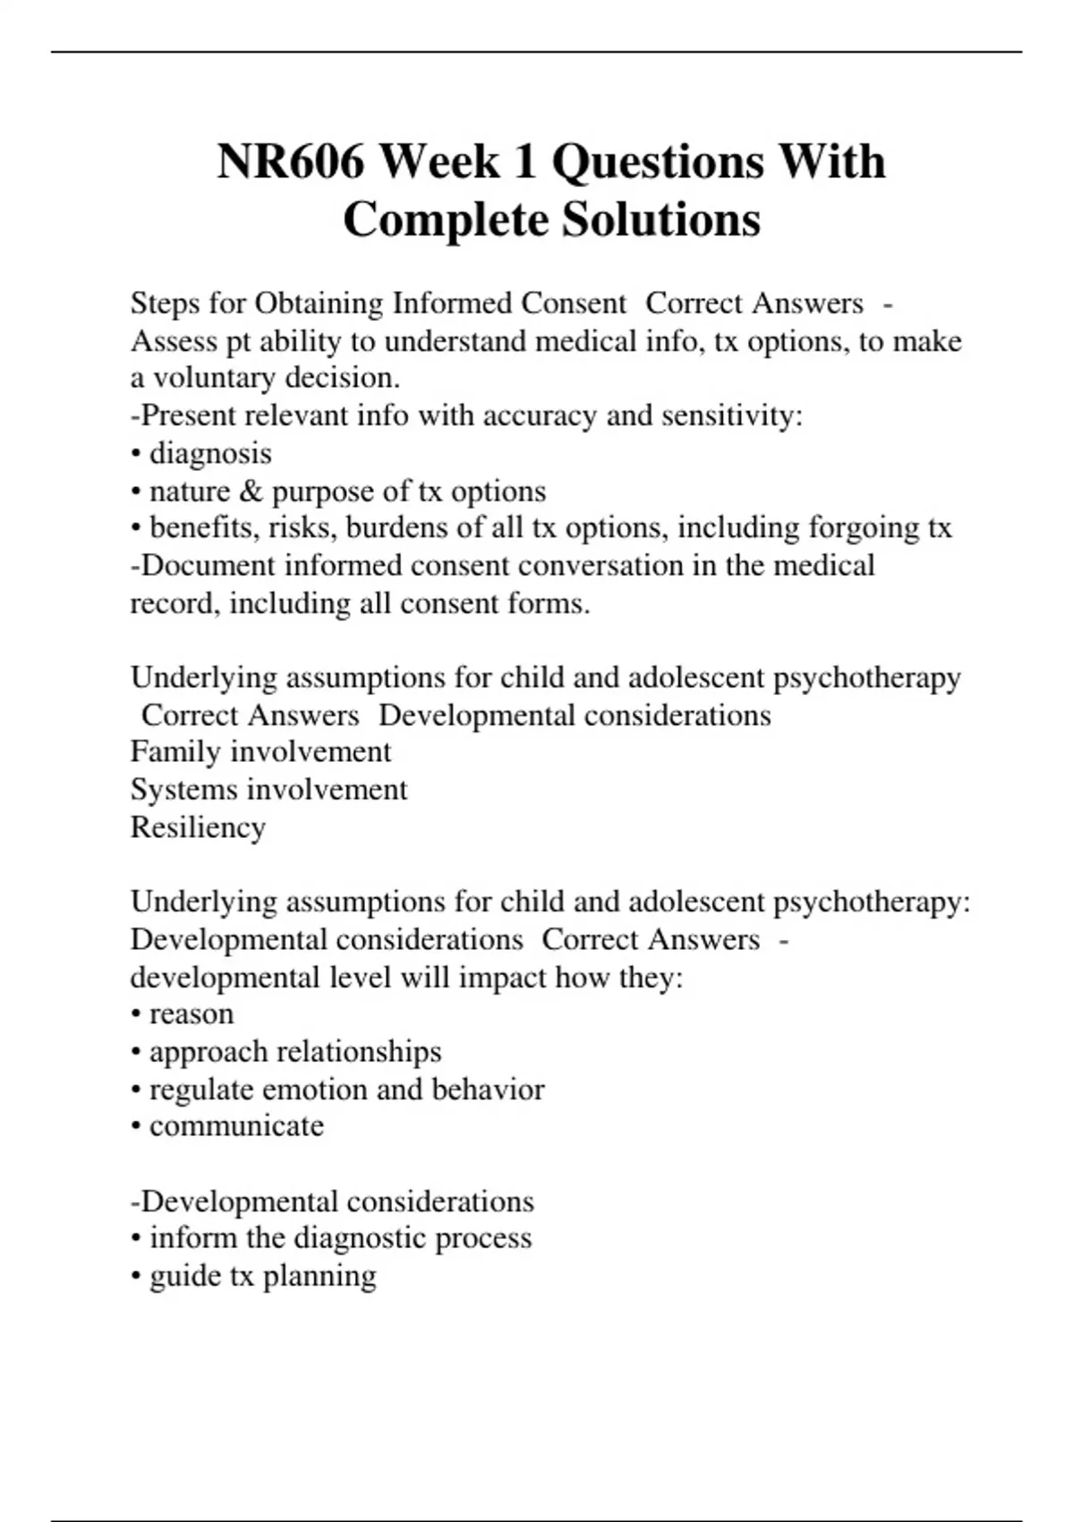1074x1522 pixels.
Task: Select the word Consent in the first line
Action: [574, 304]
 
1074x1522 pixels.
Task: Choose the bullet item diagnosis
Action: [209, 453]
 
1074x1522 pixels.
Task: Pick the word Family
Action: [175, 751]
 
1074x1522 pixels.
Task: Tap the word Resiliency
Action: [198, 827]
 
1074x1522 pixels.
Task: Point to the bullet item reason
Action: [191, 1013]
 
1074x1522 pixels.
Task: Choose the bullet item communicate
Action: [236, 1125]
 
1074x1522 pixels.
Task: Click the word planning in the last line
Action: [320, 1276]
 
